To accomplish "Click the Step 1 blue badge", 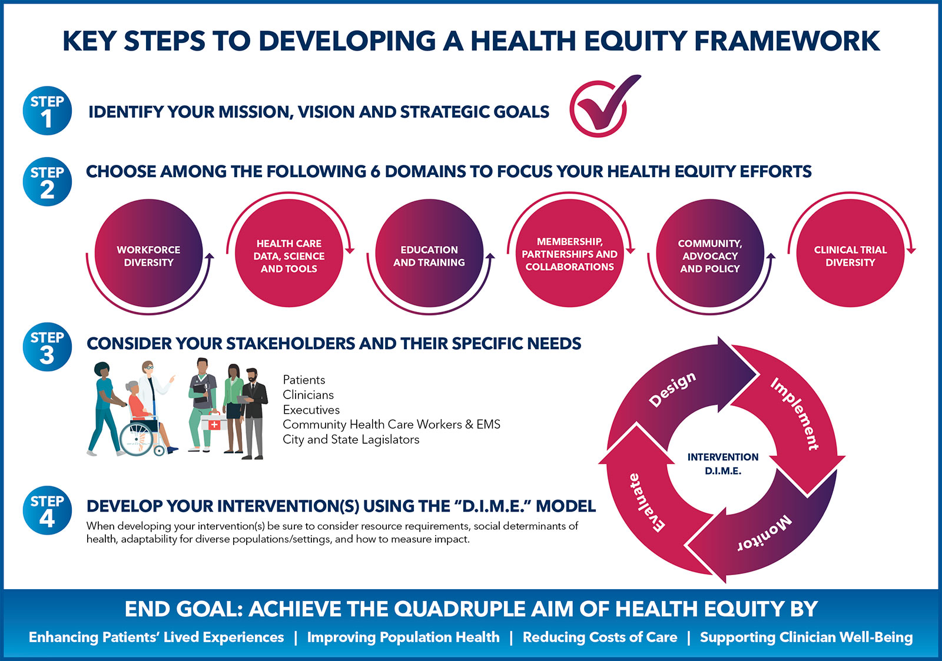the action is coord(47,111).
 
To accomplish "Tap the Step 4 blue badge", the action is coord(47,510).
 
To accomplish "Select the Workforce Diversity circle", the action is coord(148,253).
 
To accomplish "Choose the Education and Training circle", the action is coord(429,253).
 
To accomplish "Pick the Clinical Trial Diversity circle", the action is coord(850,253).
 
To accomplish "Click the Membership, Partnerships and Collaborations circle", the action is coord(570,253).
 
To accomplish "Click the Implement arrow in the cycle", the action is coord(795,420).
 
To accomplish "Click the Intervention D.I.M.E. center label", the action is coord(723,464).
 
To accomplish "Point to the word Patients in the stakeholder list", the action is coord(304,380).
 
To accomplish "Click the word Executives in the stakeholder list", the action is coord(311,410).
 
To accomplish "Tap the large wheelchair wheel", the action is coord(137,439).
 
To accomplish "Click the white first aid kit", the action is coord(214,422).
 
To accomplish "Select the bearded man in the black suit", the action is coord(254,414).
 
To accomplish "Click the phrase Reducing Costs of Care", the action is coord(600,637).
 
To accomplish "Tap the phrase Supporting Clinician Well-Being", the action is coord(807,637).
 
